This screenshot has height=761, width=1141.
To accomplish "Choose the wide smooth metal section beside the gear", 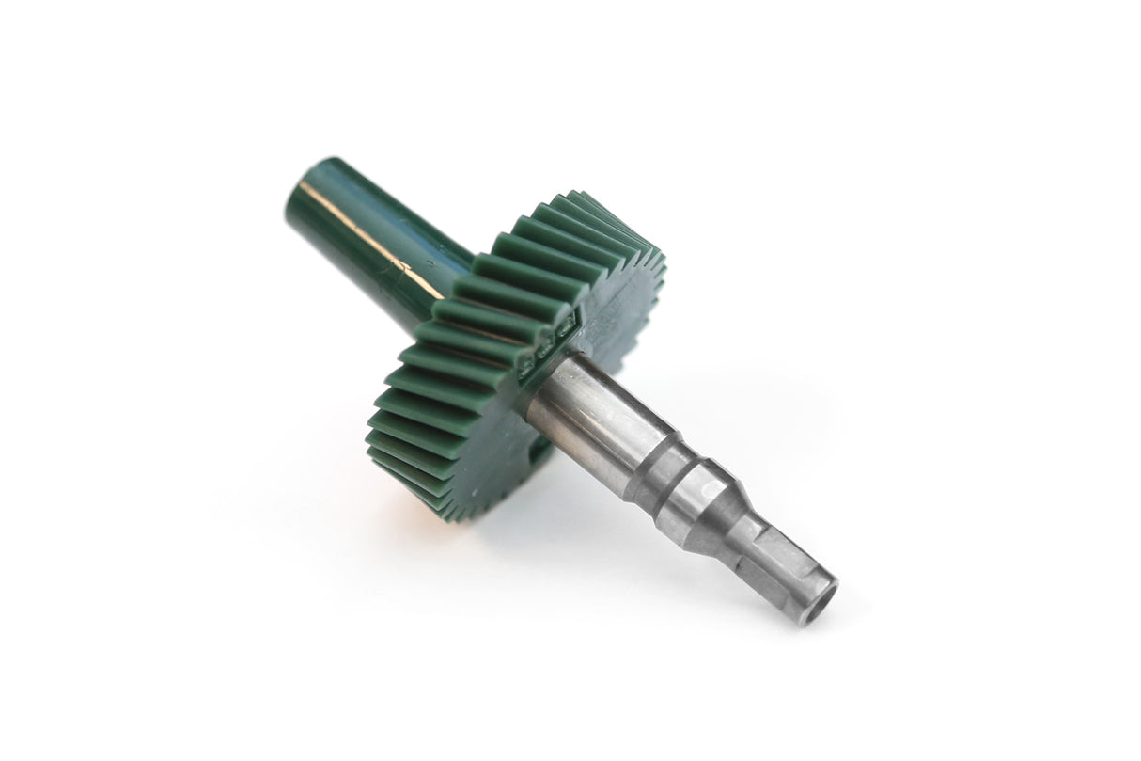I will [583, 404].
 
